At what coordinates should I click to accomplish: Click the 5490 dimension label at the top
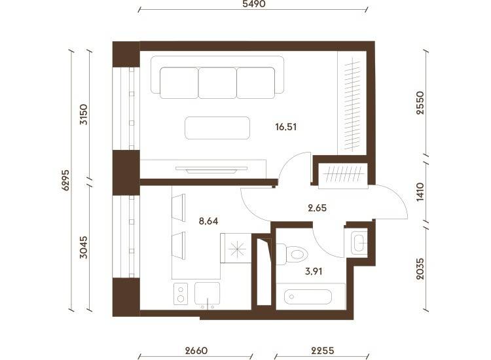[x=254, y=3]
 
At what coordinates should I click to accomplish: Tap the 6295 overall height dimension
[x=65, y=180]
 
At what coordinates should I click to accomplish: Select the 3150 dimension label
[x=84, y=115]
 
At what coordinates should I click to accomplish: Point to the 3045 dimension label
[x=84, y=247]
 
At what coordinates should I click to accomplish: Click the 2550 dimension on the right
[x=420, y=103]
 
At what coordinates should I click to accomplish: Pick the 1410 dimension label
[x=420, y=192]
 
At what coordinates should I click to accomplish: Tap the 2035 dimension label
[x=420, y=268]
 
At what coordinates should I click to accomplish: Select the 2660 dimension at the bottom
[x=196, y=350]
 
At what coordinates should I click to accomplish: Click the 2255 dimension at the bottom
[x=323, y=350]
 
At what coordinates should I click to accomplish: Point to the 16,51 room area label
[x=286, y=127]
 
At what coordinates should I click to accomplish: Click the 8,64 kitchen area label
[x=209, y=221]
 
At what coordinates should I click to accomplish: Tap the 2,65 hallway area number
[x=318, y=208]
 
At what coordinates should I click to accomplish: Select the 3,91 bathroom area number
[x=314, y=271]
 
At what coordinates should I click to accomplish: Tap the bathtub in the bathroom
[x=308, y=297]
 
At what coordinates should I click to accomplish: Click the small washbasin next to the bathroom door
[x=359, y=243]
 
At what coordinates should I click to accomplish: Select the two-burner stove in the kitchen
[x=181, y=294]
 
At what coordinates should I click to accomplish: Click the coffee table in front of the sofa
[x=217, y=128]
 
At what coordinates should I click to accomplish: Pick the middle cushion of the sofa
[x=217, y=83]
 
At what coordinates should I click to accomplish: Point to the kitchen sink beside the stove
[x=208, y=294]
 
